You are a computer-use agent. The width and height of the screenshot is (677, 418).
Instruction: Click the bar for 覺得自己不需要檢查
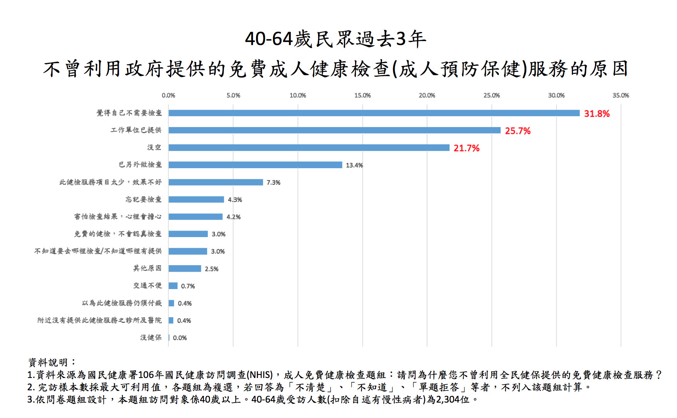click(x=374, y=113)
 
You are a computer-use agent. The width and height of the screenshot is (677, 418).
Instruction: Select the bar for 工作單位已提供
click(x=334, y=130)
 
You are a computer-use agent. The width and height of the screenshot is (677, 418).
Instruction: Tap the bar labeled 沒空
click(x=309, y=148)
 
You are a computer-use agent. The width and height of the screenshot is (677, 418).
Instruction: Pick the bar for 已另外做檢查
click(x=255, y=165)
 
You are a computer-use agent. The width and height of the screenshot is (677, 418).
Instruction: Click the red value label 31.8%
click(x=597, y=114)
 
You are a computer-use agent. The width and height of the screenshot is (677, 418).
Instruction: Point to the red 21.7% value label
click(x=466, y=148)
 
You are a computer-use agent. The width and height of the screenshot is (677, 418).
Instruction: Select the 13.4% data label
click(x=354, y=166)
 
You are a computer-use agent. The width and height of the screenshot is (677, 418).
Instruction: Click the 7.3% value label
click(x=273, y=182)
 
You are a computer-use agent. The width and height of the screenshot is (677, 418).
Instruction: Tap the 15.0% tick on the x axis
click(x=362, y=95)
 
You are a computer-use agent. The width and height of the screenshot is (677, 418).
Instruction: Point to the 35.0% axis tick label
click(x=620, y=95)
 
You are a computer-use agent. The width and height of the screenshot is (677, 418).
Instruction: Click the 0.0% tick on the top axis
click(x=168, y=95)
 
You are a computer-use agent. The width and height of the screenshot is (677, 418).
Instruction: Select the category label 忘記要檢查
click(x=143, y=199)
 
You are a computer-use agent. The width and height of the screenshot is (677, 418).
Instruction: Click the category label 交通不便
click(x=147, y=286)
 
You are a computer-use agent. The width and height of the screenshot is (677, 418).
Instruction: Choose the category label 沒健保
click(x=151, y=338)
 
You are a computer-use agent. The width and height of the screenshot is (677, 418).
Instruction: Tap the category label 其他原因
click(x=147, y=268)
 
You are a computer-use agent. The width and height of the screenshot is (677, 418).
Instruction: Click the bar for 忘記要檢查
click(x=196, y=199)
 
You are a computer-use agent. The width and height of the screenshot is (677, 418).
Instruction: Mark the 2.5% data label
click(x=211, y=269)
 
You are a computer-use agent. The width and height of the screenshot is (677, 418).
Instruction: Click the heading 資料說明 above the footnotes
click(x=52, y=363)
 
